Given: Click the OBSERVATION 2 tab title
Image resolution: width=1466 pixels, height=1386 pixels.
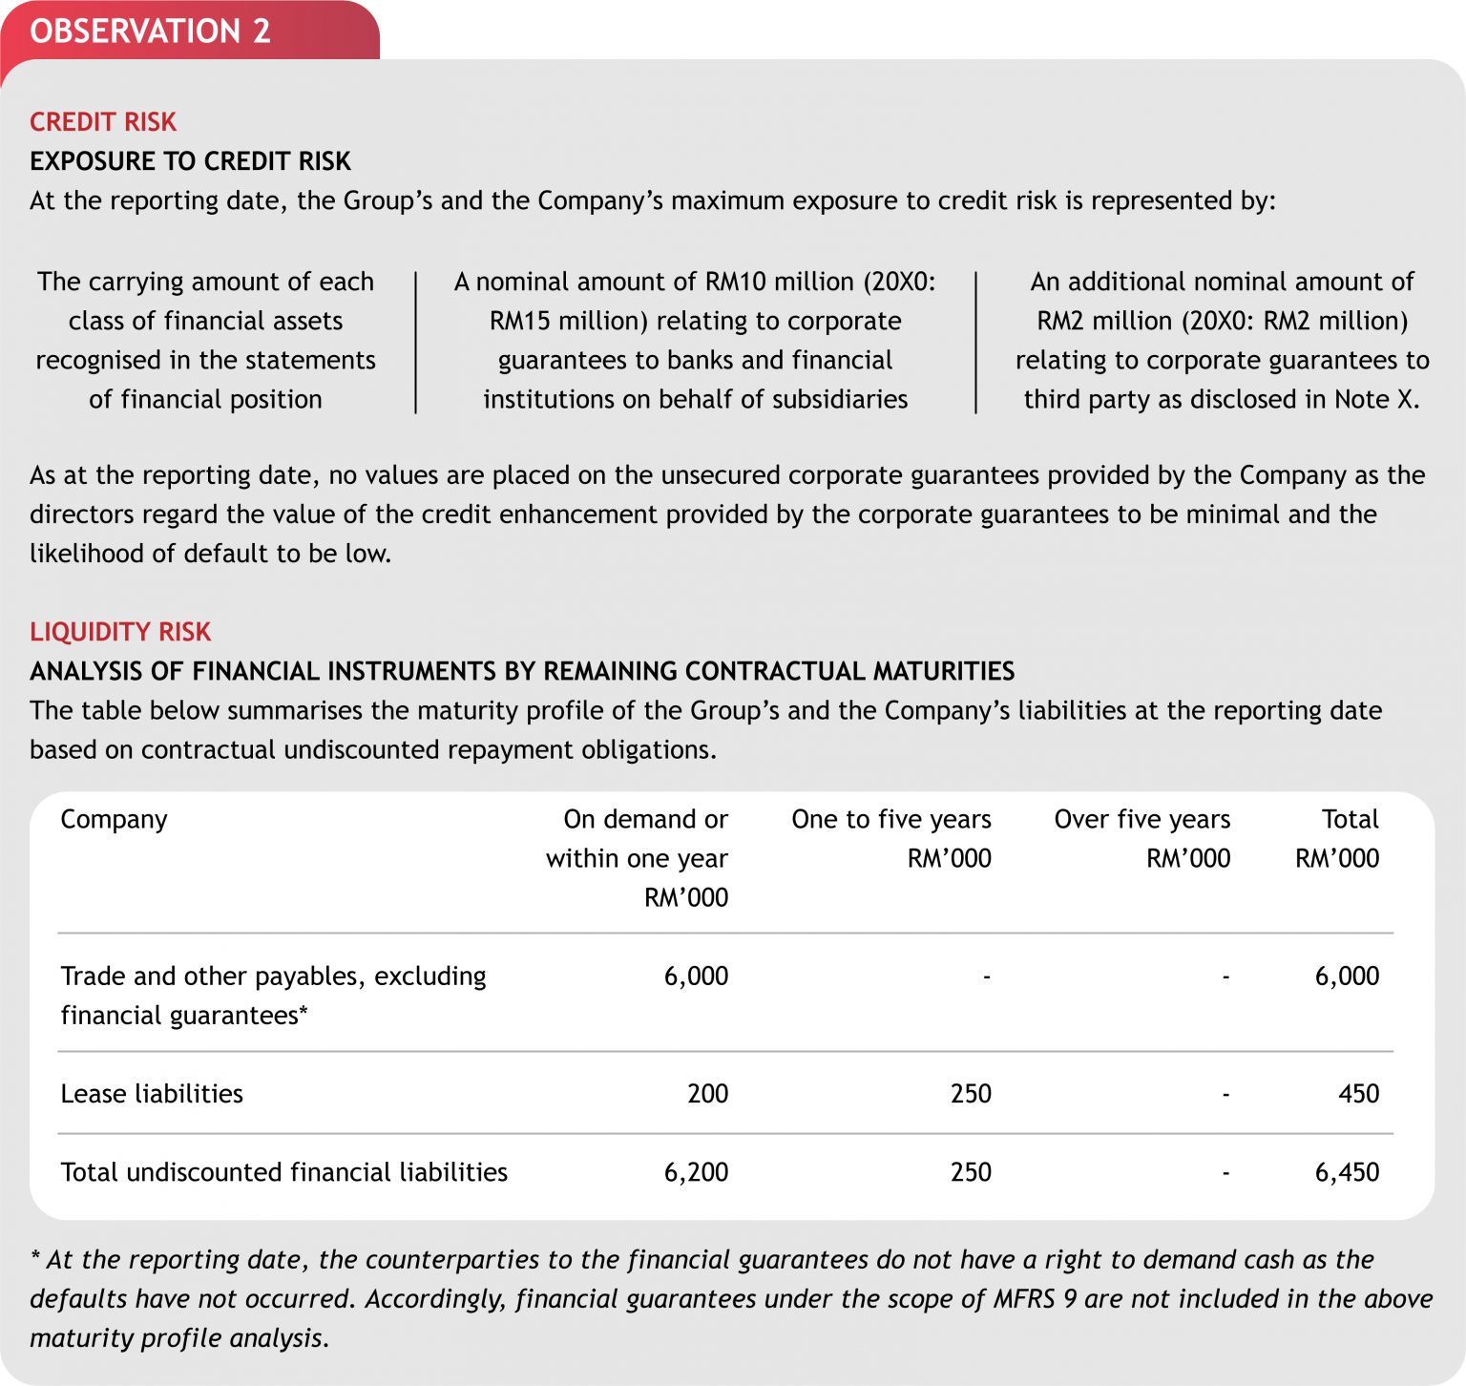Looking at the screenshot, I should (x=150, y=31).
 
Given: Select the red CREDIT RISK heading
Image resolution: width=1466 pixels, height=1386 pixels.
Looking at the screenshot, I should (x=103, y=122).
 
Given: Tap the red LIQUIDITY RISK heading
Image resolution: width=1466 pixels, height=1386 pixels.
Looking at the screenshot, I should (x=120, y=632).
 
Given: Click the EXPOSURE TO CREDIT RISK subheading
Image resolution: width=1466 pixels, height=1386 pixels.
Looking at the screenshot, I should (x=190, y=161).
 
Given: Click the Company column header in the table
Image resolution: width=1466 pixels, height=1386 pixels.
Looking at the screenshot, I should (x=114, y=819).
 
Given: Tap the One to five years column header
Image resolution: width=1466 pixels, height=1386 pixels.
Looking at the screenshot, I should (x=890, y=819).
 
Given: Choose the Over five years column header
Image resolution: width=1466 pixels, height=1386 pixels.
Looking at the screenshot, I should (x=1141, y=819).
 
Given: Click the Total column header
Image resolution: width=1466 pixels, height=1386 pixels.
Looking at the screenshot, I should (x=1350, y=819).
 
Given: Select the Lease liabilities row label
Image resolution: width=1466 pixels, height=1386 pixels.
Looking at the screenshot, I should (x=152, y=1094).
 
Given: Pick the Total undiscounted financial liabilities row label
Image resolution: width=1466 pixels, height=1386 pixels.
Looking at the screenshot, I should (x=283, y=1172).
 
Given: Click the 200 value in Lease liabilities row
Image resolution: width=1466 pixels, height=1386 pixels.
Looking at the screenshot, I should (x=707, y=1094).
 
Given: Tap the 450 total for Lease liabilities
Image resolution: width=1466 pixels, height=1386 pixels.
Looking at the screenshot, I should (x=1358, y=1094).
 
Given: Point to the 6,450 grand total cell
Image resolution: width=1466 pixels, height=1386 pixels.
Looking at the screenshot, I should (x=1347, y=1172).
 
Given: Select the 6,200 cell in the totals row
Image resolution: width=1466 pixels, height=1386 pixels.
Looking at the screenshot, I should (x=696, y=1172).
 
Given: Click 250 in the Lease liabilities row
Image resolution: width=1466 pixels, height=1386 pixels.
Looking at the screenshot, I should (x=971, y=1094).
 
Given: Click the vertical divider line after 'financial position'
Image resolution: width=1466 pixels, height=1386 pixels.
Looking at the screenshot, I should (x=416, y=342).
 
